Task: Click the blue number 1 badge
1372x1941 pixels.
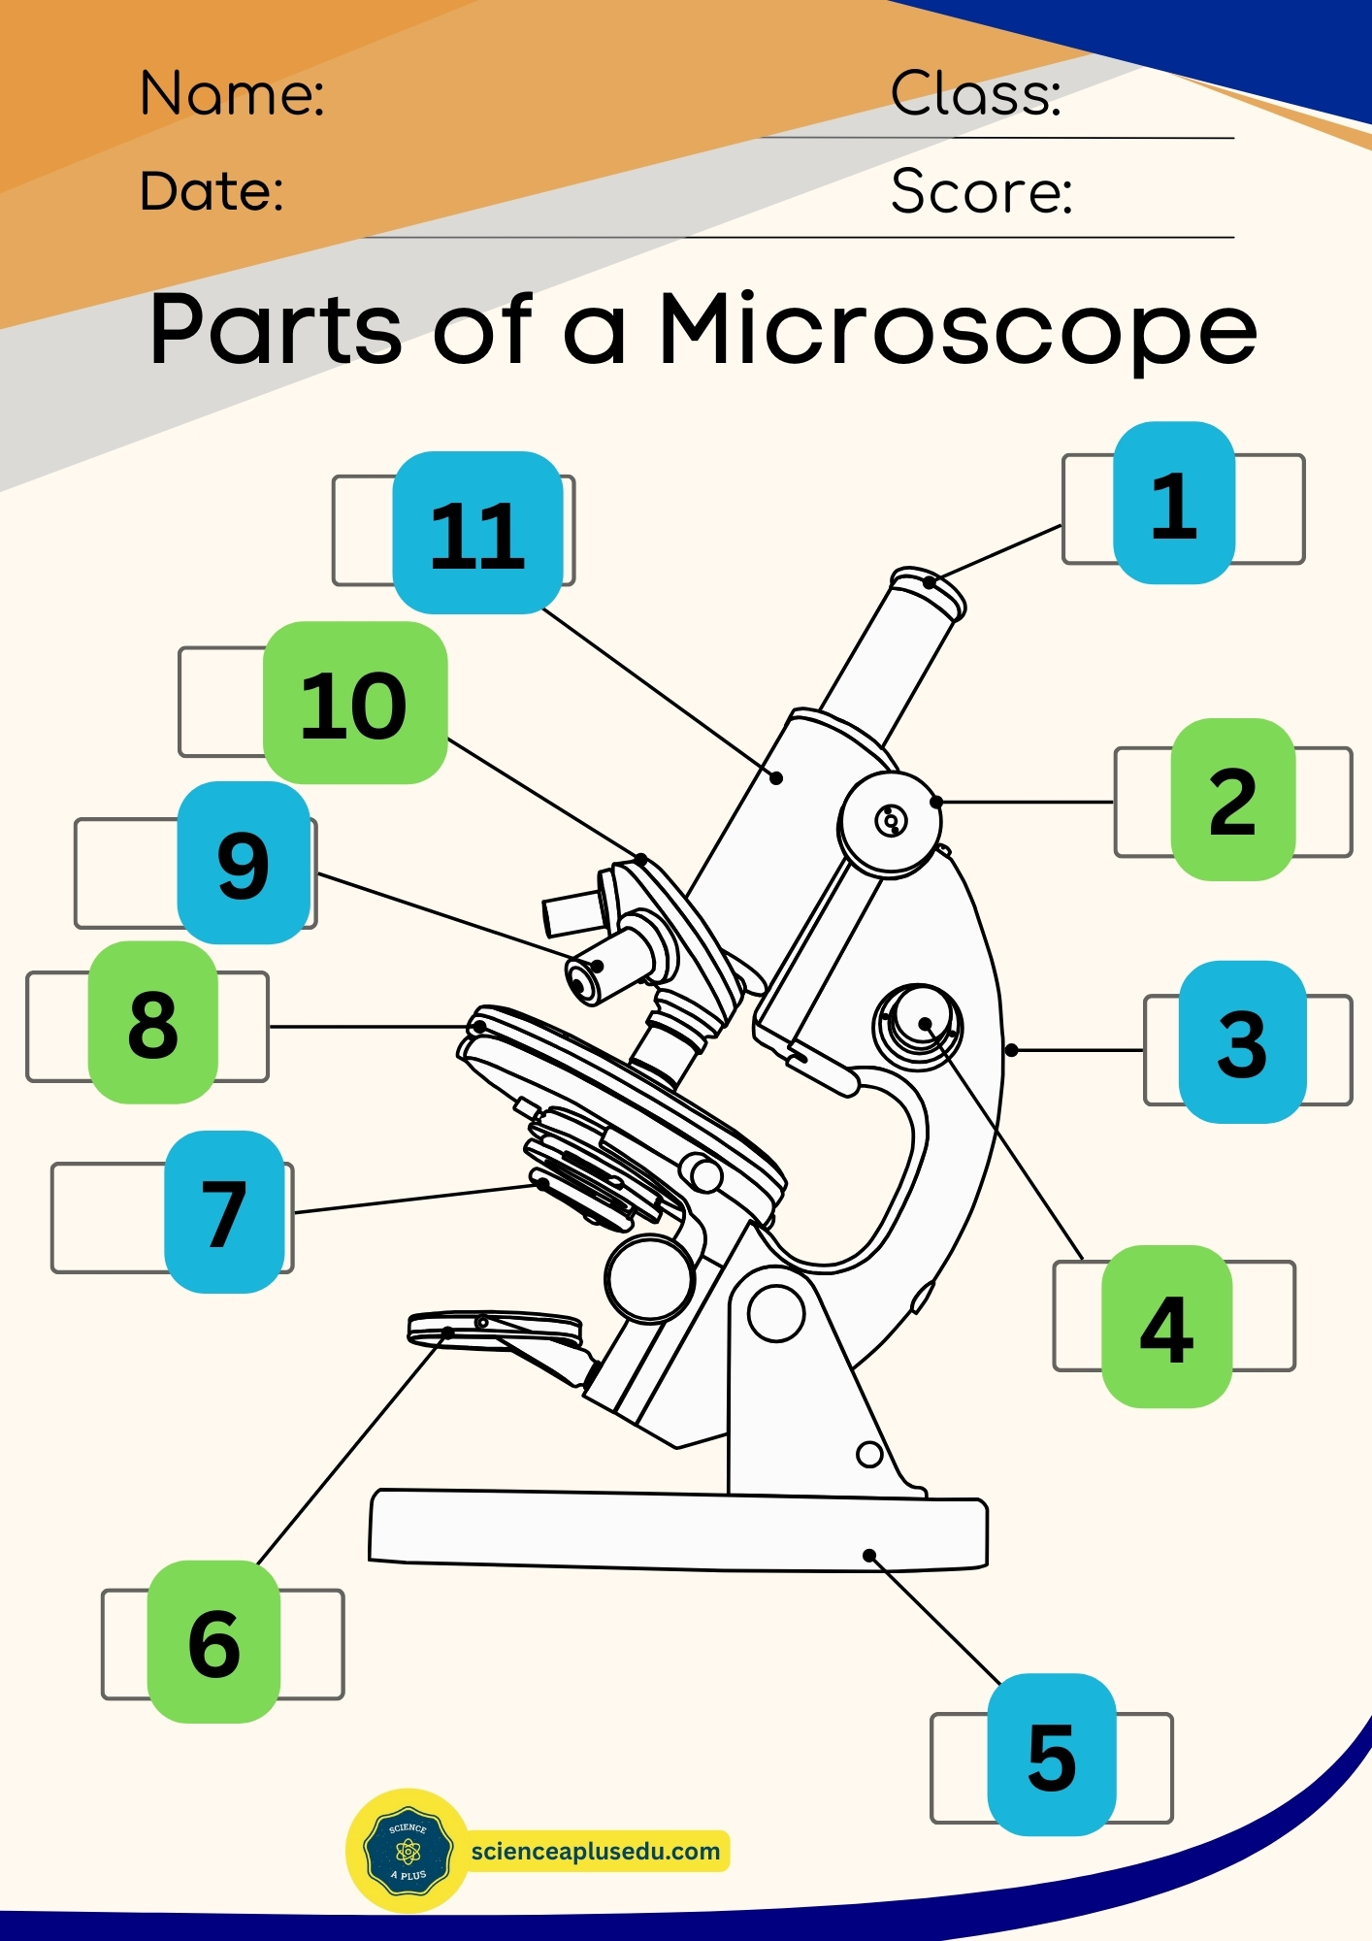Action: coord(1173,503)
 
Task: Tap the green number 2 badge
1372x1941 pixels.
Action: coord(1232,800)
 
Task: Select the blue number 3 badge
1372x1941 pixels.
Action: coord(1241,1042)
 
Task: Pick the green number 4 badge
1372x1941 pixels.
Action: coord(1166,1327)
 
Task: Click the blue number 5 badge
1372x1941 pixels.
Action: coord(1051,1755)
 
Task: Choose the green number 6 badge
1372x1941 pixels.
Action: coord(213,1642)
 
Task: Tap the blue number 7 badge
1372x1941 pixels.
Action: coord(224,1212)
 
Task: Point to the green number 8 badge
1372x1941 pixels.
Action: coord(152,1022)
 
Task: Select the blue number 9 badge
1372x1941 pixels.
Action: coord(243,863)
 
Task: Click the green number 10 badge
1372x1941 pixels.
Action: coord(354,703)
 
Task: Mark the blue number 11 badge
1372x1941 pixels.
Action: coord(476,533)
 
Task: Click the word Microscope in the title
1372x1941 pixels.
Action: coord(957,330)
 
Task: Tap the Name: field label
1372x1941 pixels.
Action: coord(232,94)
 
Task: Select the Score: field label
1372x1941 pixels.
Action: coord(981,191)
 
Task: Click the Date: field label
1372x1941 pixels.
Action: coord(212,190)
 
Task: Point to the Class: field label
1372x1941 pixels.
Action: coord(975,94)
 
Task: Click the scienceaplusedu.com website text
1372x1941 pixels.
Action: coord(595,1851)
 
